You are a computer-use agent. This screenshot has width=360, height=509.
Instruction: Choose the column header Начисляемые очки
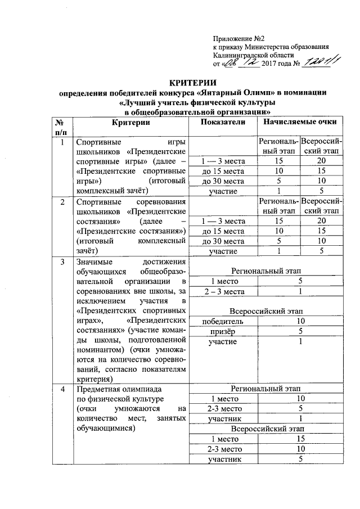coord(296,122)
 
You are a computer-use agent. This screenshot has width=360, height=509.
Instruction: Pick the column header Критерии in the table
coord(130,122)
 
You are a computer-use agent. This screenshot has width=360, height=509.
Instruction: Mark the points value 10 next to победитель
coord(300,321)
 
